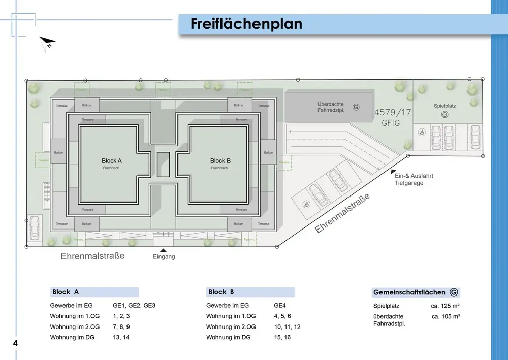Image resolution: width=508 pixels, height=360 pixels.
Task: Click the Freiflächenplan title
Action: (246, 24)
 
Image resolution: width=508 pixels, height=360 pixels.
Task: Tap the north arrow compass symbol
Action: (47, 43)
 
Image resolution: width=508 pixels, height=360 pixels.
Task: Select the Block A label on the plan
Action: (112, 160)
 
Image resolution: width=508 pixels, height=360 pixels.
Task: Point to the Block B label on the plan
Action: (220, 160)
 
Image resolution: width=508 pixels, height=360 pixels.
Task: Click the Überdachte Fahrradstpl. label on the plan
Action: (331, 107)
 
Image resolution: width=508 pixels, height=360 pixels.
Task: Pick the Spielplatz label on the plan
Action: (444, 106)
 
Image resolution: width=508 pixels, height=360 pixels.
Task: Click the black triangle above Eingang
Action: (163, 250)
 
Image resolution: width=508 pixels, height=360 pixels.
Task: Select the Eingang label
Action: (164, 257)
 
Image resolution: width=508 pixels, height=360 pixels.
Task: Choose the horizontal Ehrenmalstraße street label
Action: (92, 256)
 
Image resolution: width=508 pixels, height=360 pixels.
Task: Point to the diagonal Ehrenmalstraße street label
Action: (342, 213)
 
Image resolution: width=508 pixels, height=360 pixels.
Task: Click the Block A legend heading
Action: (66, 292)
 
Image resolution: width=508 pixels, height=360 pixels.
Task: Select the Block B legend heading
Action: (221, 292)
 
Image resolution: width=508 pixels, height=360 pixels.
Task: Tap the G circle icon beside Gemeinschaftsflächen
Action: (454, 292)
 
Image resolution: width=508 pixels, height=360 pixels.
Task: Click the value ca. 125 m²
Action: (446, 306)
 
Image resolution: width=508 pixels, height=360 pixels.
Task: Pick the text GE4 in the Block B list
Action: (280, 306)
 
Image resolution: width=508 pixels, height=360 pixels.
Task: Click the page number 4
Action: (15, 343)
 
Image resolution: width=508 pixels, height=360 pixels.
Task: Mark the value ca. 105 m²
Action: (446, 316)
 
